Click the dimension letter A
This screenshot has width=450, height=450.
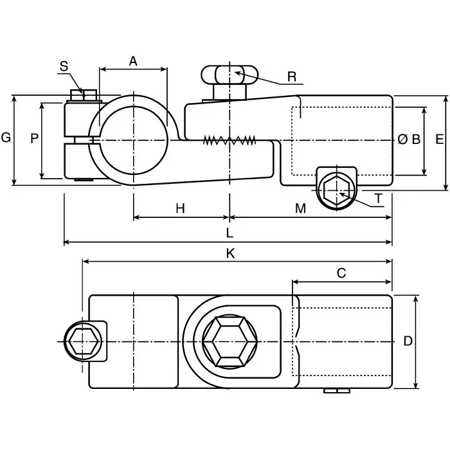(133, 61)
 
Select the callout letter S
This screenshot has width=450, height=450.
(64, 66)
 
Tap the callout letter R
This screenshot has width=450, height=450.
(292, 76)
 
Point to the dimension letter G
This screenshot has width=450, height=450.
(6, 138)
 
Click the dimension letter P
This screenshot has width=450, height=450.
(34, 138)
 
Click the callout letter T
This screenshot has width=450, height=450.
(379, 199)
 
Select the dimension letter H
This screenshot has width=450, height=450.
(180, 208)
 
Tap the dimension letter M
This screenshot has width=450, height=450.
(300, 208)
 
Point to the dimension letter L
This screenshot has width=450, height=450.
(230, 233)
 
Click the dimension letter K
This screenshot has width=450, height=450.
(230, 253)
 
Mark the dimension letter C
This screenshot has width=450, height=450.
(341, 273)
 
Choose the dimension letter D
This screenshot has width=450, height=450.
(408, 341)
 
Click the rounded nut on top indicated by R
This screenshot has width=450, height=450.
(225, 75)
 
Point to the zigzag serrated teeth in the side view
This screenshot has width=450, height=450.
(229, 140)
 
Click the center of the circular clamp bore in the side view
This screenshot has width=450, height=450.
(133, 139)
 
